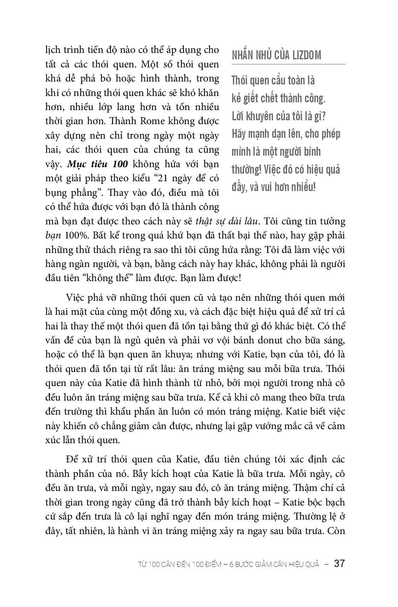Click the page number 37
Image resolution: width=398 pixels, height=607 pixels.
(x=339, y=563)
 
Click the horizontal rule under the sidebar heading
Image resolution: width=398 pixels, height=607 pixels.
(x=288, y=64)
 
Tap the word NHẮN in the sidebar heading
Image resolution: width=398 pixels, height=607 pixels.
(x=243, y=55)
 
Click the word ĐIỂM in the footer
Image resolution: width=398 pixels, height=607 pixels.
(x=211, y=564)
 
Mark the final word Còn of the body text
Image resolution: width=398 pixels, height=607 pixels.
(x=337, y=531)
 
